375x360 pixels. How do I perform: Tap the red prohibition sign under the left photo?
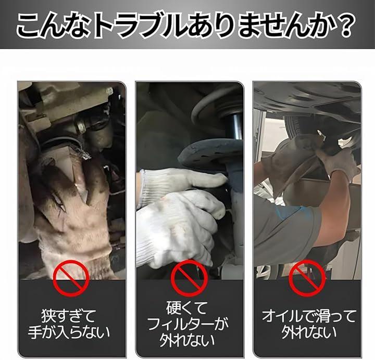(71, 278)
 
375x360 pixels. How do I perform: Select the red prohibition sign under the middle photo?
(189, 278)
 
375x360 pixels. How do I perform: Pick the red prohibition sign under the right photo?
(308, 278)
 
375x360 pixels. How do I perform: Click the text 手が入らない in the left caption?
(70, 332)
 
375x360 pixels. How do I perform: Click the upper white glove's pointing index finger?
(210, 178)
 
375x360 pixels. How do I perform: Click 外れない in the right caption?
(308, 332)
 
